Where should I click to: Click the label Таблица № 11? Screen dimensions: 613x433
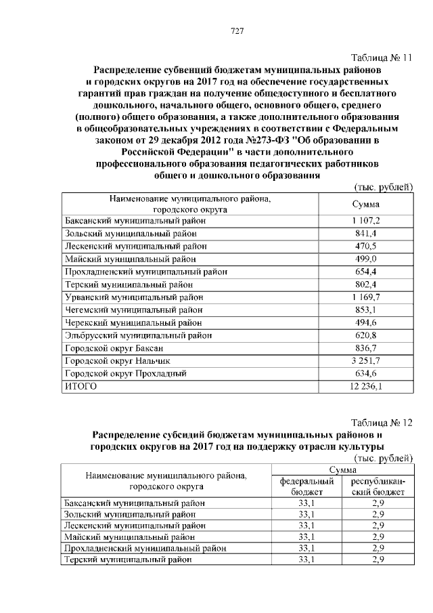tap(382, 58)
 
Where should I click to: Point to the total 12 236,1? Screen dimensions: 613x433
tap(365, 386)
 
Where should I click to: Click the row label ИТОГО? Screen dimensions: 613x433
tap(81, 386)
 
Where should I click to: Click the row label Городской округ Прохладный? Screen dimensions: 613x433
tap(124, 373)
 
